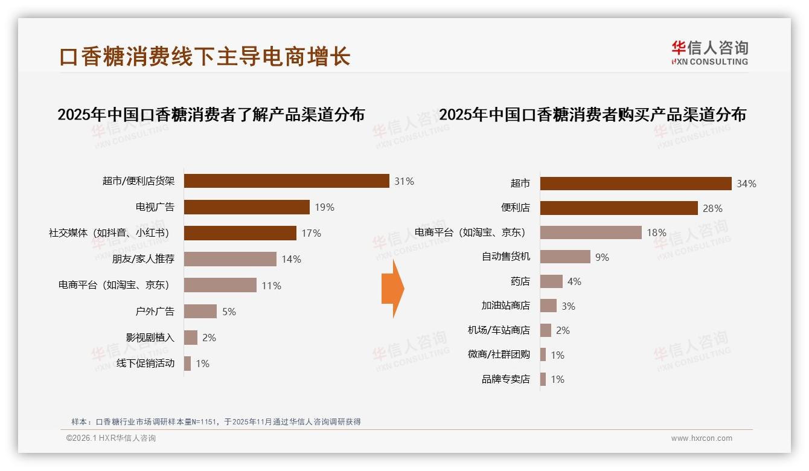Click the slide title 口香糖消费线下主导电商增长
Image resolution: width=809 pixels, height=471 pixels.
coord(205,57)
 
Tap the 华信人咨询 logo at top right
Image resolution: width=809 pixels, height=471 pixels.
coord(709,53)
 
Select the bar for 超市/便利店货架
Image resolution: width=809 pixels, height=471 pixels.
coord(286,181)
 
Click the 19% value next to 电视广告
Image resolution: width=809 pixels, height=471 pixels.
coord(324,207)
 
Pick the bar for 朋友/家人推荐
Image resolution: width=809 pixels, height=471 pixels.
coord(230,259)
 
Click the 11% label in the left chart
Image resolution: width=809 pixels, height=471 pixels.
coord(271,286)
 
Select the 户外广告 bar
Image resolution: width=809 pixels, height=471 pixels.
coord(200,312)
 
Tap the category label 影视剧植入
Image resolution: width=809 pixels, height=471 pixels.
coord(150,338)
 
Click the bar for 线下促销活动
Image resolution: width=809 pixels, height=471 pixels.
coord(188,364)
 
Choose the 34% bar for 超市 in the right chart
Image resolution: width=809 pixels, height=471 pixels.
coord(636,184)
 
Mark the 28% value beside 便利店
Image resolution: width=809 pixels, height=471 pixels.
coord(712,208)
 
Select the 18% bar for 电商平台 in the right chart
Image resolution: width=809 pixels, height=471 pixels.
coord(590,232)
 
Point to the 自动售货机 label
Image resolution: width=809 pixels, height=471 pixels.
coord(505,257)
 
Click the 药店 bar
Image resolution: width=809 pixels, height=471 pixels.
coord(551,281)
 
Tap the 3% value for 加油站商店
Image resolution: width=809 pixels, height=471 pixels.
coord(568,306)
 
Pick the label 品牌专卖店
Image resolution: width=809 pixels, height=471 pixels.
coord(505,379)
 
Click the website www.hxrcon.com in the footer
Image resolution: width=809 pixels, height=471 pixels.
coord(702,438)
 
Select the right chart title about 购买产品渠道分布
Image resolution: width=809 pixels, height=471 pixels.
coord(592,115)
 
